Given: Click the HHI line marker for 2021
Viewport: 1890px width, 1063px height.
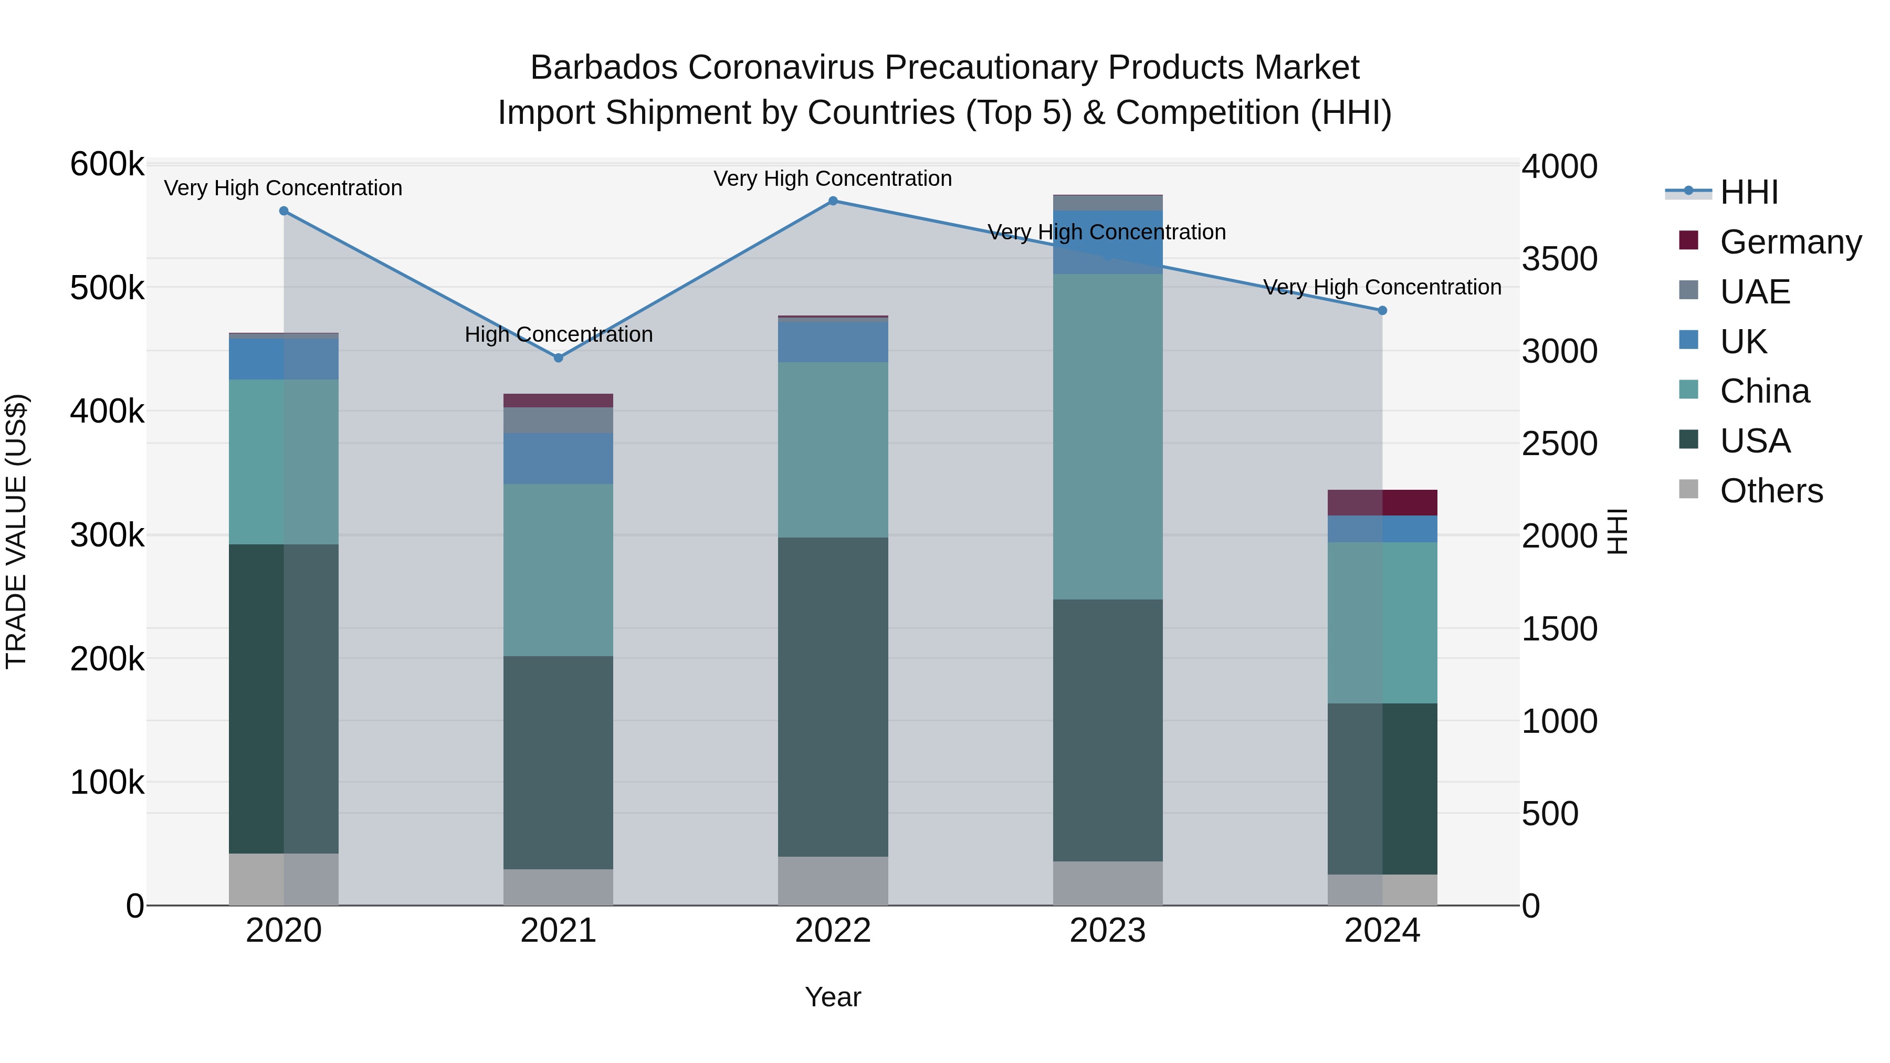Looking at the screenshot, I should click(x=559, y=358).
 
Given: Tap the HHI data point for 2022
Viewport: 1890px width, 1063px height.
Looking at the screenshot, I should click(x=833, y=201).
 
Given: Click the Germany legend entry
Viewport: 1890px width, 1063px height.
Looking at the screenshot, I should click(x=1790, y=242).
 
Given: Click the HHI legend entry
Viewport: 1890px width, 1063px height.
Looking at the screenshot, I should click(x=1748, y=192).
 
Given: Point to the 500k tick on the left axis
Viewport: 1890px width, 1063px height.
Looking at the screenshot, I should click(x=107, y=288).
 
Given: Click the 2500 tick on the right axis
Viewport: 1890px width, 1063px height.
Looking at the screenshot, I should click(x=1559, y=444).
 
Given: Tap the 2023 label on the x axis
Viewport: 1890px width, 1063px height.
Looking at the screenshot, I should click(x=1107, y=931).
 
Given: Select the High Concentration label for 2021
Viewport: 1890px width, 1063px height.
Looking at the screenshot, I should click(x=559, y=334).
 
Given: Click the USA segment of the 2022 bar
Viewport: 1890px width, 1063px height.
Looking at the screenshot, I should click(x=833, y=697).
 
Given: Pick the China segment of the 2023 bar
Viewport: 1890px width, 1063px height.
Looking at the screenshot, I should click(x=1107, y=437).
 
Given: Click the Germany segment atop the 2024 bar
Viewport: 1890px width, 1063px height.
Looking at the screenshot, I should click(x=1382, y=502).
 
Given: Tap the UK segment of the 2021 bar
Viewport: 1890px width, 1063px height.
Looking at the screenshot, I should click(x=559, y=458).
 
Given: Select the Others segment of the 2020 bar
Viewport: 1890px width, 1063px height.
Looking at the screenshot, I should click(x=284, y=879).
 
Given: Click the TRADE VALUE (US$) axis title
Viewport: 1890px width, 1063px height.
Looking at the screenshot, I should click(x=16, y=531).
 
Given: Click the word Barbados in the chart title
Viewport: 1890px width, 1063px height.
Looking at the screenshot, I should click(x=604, y=68).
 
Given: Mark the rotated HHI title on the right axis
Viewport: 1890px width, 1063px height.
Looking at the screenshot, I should click(x=1616, y=531).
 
